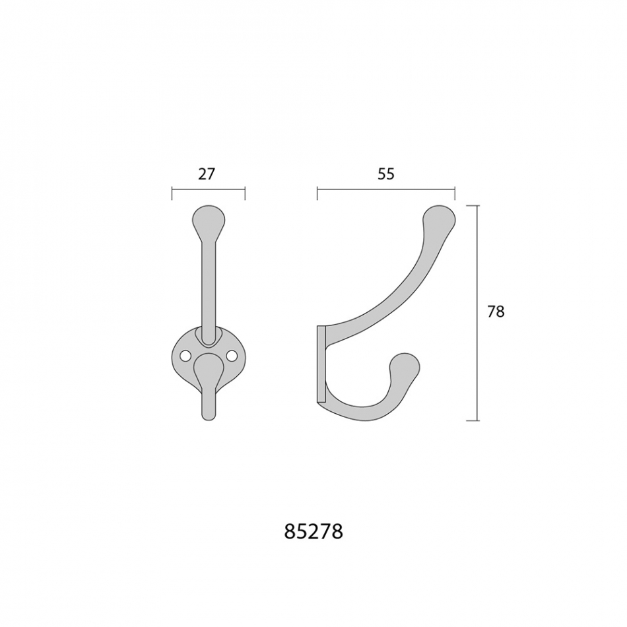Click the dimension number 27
tap(207, 174)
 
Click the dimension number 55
tap(386, 174)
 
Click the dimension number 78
tap(496, 312)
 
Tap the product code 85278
tap(313, 531)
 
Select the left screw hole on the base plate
tap(185, 354)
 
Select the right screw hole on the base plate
tap(231, 354)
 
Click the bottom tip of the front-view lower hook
tap(209, 420)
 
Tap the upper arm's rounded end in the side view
tap(440, 218)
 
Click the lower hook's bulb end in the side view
tap(405, 365)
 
